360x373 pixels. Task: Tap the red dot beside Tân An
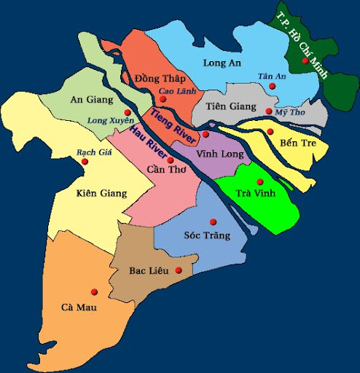[x=273, y=87]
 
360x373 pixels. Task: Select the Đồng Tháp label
[x=160, y=79]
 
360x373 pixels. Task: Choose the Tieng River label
[x=173, y=124]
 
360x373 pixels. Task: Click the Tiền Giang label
[x=229, y=107]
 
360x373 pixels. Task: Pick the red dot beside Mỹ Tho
[x=268, y=111]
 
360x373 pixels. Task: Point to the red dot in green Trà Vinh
[x=259, y=182]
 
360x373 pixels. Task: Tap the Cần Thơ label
[x=162, y=170]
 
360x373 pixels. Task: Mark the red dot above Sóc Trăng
[x=213, y=222]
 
